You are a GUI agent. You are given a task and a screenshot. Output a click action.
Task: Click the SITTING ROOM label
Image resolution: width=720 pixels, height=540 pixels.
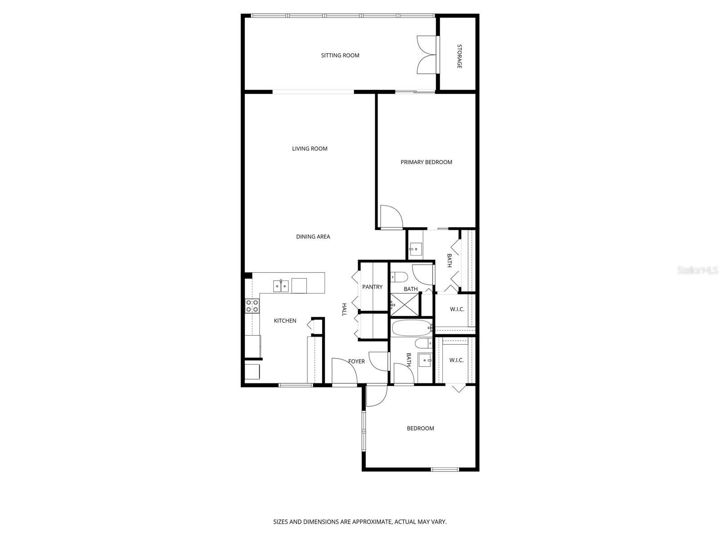(340, 55)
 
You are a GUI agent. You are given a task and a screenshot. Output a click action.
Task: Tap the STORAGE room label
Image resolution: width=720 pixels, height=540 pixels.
(459, 56)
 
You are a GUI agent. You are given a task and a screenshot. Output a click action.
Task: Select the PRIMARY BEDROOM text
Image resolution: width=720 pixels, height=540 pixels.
(426, 162)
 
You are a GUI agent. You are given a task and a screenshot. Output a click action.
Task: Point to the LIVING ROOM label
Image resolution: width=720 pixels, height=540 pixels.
(310, 148)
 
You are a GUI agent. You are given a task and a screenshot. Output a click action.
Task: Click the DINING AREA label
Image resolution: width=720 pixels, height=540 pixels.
(313, 237)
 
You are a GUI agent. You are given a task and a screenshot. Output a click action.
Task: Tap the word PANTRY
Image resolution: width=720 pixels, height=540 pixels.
(372, 287)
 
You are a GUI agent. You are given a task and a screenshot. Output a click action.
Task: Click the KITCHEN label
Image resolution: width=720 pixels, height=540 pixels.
(285, 321)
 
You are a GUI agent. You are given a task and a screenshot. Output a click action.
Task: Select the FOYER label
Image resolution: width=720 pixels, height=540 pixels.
(356, 361)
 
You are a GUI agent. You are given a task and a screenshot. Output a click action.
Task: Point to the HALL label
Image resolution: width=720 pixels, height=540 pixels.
(344, 309)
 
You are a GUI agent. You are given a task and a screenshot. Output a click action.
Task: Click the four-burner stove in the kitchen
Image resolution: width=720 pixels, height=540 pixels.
(252, 306)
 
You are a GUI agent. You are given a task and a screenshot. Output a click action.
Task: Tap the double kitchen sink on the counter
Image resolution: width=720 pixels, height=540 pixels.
(280, 286)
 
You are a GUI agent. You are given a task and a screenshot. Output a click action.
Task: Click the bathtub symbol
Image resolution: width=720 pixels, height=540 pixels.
(410, 328)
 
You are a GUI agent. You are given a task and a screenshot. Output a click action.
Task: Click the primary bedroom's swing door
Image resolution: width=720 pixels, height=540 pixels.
(390, 217)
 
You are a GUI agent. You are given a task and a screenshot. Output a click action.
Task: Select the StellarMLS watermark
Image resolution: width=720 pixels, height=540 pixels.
(697, 270)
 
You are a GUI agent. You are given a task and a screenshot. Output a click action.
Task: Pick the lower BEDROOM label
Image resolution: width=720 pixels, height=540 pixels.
(420, 428)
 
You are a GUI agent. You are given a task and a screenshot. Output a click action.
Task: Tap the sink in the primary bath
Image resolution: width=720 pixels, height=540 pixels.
(415, 249)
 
